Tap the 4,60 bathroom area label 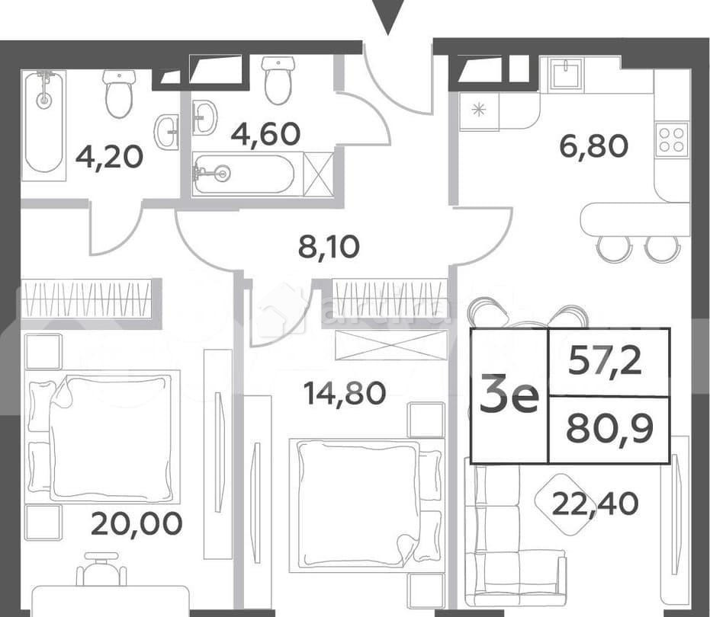[x=265, y=134]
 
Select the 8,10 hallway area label [x=329, y=247]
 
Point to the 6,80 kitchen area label [x=594, y=144]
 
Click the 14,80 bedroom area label [x=344, y=393]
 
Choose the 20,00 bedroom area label [x=137, y=523]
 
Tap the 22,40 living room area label [x=596, y=503]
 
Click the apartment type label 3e [x=509, y=397]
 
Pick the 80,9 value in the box [x=609, y=430]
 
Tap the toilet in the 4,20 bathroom [x=119, y=93]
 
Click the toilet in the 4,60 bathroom [x=277, y=81]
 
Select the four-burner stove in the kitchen [x=671, y=141]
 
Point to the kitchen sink [x=566, y=75]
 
